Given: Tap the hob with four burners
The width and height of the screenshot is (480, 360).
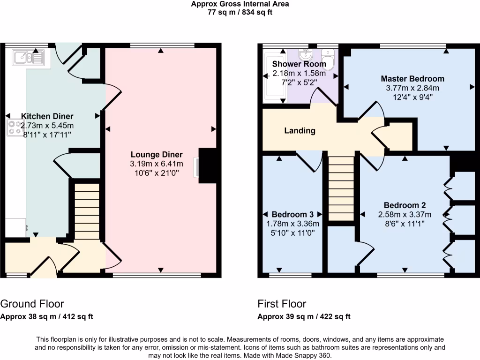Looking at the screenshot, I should [14, 128].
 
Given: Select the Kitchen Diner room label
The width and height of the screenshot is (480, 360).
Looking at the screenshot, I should [47, 116].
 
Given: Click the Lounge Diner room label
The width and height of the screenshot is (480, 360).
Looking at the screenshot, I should [157, 155].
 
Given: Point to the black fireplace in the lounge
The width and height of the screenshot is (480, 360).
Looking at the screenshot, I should [208, 165].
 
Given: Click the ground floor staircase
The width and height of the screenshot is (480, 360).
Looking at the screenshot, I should [87, 211].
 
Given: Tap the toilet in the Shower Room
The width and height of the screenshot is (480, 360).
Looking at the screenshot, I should [329, 63].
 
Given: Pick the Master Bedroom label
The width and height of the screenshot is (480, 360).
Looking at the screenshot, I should [412, 78].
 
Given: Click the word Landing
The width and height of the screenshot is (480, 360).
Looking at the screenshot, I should [300, 131].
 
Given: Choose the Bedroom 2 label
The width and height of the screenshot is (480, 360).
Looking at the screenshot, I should [405, 205].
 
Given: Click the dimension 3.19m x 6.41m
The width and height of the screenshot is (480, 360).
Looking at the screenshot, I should [157, 164].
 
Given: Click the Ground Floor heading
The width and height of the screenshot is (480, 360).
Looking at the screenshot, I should [32, 304].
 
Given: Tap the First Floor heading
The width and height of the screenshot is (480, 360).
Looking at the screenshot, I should [282, 304].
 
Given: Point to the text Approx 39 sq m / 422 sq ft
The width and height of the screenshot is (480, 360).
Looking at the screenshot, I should [304, 316].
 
